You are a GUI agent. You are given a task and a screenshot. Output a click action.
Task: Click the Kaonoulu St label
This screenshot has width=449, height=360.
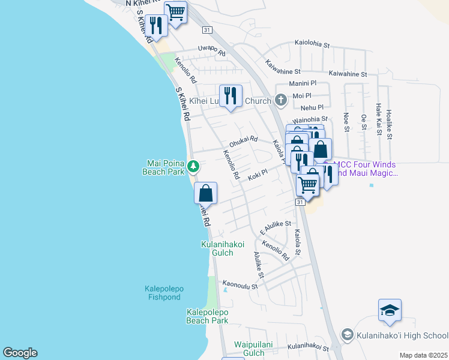click(x=240, y=286)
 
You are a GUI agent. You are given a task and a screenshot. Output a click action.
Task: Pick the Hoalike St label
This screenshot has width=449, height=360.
click(x=389, y=124)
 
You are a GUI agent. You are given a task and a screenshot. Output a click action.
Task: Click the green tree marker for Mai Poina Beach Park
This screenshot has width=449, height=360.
click(x=193, y=166)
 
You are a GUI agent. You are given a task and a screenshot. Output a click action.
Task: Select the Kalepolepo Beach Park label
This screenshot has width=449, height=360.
click(x=207, y=316)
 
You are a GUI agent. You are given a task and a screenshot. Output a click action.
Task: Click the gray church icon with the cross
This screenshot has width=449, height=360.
click(x=280, y=100)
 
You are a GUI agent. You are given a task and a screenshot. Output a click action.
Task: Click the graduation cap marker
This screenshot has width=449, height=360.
click(x=390, y=310)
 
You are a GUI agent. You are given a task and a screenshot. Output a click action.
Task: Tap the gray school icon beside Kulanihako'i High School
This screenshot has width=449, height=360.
click(x=346, y=334)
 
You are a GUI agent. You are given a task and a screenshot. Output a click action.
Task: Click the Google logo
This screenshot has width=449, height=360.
click(x=20, y=353)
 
